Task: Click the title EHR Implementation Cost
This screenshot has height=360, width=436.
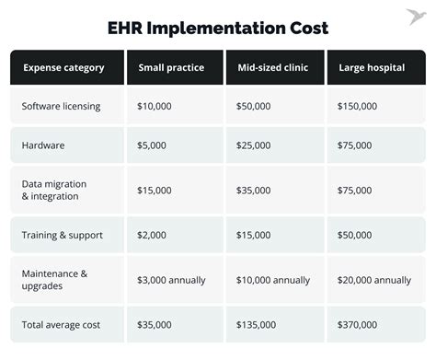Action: pyautogui.click(x=217, y=28)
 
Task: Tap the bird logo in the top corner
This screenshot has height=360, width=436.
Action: pyautogui.click(x=417, y=16)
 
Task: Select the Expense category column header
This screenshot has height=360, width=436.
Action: pyautogui.click(x=63, y=67)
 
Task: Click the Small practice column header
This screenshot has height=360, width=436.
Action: pyautogui.click(x=171, y=67)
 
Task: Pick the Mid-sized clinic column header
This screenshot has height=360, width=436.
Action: pyautogui.click(x=273, y=67)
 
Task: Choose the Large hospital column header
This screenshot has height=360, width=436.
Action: pyautogui.click(x=371, y=67)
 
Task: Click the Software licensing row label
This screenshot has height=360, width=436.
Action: pyautogui.click(x=61, y=107)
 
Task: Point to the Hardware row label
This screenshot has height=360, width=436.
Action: pyautogui.click(x=42, y=145)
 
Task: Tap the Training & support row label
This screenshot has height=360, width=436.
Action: pyautogui.click(x=61, y=236)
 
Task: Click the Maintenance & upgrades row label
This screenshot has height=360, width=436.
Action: pyautogui.click(x=54, y=279)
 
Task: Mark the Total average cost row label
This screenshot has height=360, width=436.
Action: pyautogui.click(x=60, y=324)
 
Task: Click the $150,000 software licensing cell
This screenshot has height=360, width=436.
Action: pyautogui.click(x=357, y=107)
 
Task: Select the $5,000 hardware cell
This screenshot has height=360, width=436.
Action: pyautogui.click(x=152, y=145)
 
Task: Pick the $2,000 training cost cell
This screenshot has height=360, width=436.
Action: pyautogui.click(x=152, y=236)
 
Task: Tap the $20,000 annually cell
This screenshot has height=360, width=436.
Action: pyautogui.click(x=373, y=280)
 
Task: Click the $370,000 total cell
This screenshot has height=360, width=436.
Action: pyautogui.click(x=357, y=324)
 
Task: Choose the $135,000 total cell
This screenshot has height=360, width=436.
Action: pyautogui.click(x=258, y=324)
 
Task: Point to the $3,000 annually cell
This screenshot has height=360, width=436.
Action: pyautogui.click(x=171, y=280)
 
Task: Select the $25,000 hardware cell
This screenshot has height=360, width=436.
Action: pyautogui.click(x=255, y=145)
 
